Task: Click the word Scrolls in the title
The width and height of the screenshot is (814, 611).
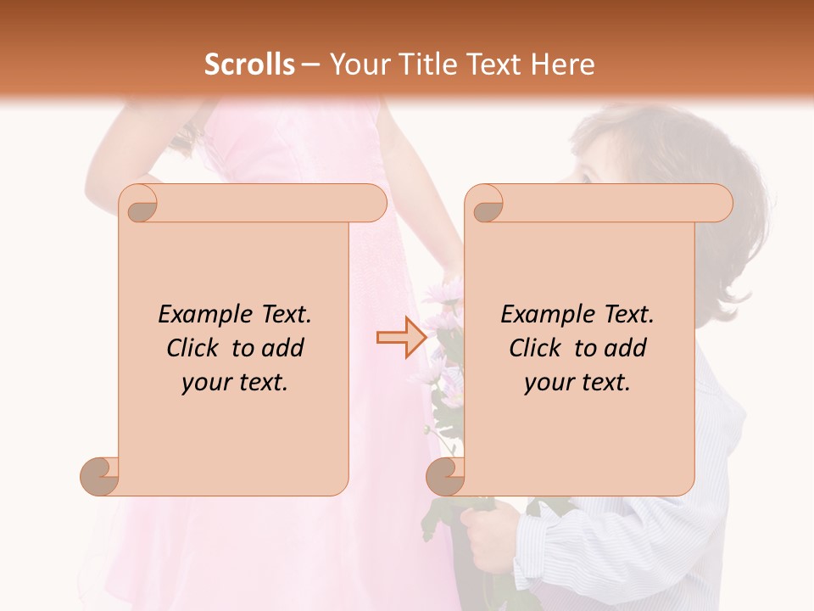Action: [249, 64]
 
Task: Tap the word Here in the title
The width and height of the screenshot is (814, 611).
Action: [563, 64]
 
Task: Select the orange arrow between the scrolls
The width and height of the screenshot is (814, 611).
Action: [393, 337]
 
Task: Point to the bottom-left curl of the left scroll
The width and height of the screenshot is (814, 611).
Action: [100, 476]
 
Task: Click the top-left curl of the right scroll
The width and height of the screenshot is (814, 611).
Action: [487, 205]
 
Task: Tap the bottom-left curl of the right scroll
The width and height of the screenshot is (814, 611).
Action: [446, 476]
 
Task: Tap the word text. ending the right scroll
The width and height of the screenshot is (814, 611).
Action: [605, 383]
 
